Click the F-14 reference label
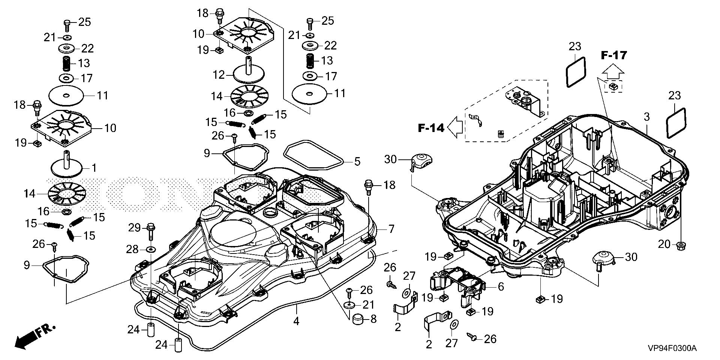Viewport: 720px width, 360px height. coord(431,128)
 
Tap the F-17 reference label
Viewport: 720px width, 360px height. coord(614,55)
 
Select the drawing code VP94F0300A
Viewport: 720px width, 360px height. coord(672,349)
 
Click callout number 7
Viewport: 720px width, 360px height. coord(391,228)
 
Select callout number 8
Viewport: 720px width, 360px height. coord(373,319)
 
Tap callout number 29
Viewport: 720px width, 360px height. coord(134,228)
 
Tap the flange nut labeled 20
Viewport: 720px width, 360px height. coord(680,246)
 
